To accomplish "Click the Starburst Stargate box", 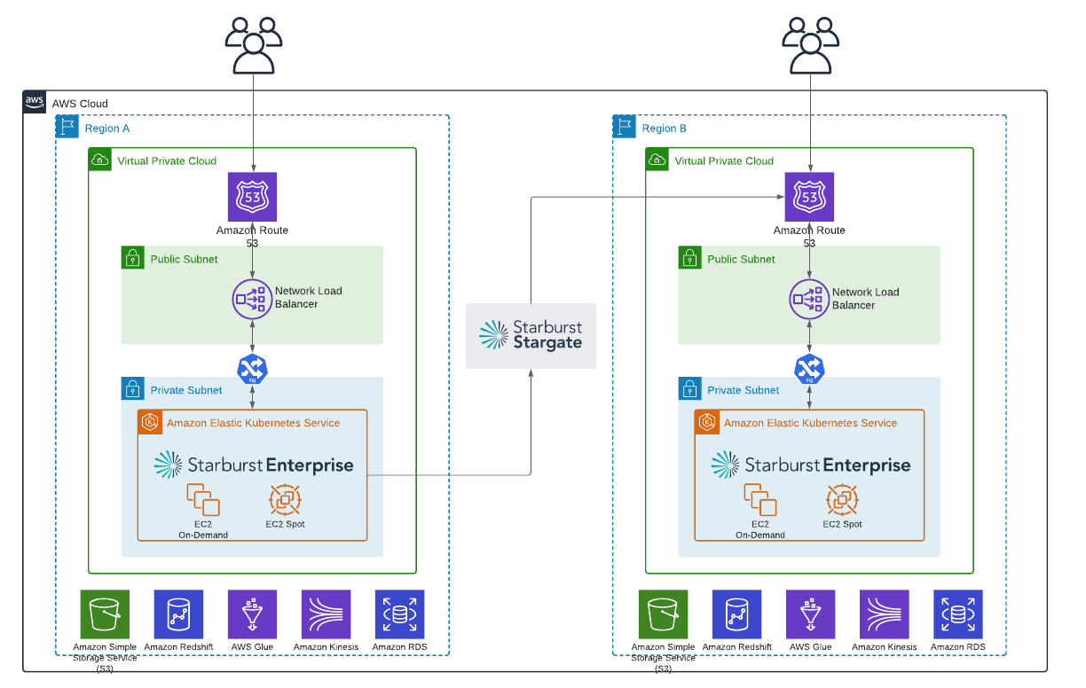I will point(531,335).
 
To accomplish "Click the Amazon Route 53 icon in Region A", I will point(253,197).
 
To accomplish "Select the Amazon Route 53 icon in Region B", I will point(809,197).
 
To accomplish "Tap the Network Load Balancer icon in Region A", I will point(253,299).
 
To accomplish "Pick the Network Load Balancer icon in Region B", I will point(809,299).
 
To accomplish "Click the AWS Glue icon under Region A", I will point(252,614).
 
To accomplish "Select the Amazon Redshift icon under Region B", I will point(736,614).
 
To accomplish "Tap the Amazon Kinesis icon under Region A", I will point(326,614).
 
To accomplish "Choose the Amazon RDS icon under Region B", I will point(957,614).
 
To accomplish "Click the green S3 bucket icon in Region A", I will point(105,614).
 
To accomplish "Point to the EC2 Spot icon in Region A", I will point(286,500).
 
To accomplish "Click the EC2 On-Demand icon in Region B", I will point(759,500).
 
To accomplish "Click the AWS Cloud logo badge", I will point(35,102).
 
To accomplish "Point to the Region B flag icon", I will point(625,127).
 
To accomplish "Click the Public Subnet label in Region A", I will point(184,259).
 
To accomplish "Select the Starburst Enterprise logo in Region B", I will point(810,465).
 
